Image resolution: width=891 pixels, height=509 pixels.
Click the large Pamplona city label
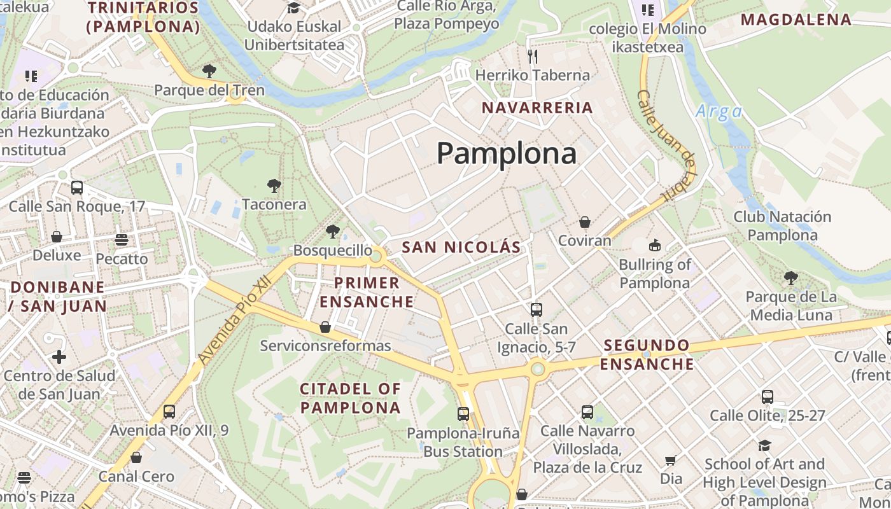[507, 153]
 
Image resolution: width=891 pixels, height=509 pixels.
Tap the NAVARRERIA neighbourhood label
[537, 108]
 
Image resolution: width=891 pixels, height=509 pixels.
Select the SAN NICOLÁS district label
[461, 247]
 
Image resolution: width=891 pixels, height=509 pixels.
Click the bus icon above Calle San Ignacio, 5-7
[536, 309]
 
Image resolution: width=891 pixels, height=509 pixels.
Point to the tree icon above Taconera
[274, 186]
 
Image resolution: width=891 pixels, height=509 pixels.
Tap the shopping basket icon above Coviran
[584, 222]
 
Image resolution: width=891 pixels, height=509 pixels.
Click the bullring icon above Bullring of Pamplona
[654, 245]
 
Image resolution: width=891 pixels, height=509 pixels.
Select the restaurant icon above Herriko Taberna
[533, 56]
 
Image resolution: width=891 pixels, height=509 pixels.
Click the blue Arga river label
[719, 112]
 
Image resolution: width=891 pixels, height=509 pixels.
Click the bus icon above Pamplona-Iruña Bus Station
[463, 414]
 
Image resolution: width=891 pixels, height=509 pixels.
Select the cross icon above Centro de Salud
[59, 356]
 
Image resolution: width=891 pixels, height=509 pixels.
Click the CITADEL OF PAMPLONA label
[350, 398]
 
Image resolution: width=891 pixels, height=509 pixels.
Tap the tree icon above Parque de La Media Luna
[790, 277]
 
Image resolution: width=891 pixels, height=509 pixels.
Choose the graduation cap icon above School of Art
[764, 445]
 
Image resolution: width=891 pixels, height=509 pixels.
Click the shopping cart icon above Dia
[670, 460]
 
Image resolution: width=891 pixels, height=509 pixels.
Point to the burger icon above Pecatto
[121, 240]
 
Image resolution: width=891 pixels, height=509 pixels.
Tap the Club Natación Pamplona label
[782, 226]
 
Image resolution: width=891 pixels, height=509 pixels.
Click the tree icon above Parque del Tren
[209, 71]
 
